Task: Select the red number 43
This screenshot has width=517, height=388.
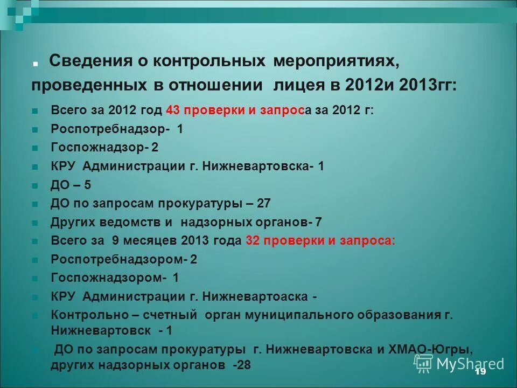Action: tap(172, 110)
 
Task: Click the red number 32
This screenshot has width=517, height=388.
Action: tap(253, 240)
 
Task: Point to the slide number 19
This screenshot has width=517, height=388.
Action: tap(480, 372)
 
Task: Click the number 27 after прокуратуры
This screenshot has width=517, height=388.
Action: tap(263, 203)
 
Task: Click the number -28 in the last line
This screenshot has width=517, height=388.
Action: tap(241, 365)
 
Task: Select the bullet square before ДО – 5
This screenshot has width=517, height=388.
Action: tap(34, 186)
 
